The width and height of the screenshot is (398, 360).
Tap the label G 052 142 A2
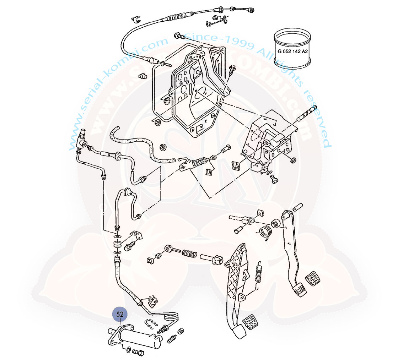tap(292, 51)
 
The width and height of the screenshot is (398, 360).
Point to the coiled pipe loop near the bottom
tap(171, 315)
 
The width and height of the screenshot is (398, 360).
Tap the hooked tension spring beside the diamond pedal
tap(258, 273)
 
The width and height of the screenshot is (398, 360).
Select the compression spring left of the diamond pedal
tap(189, 253)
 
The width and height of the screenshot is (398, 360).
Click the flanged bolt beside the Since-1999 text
tap(179, 36)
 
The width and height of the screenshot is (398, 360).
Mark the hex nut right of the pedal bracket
tap(294, 160)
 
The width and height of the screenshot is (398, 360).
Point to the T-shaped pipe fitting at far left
tap(81, 140)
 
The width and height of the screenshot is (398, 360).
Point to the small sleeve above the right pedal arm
tap(298, 206)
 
